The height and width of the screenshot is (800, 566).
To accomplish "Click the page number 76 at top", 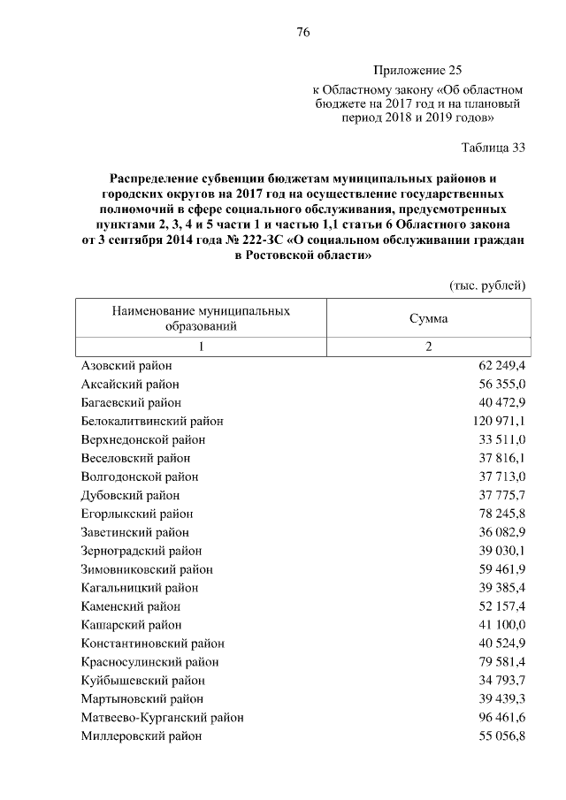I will [302, 32].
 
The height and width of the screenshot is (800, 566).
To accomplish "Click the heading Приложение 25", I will [417, 70].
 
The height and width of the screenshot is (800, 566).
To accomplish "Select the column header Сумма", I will [428, 318].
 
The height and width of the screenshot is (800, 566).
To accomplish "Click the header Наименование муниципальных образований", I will [200, 318].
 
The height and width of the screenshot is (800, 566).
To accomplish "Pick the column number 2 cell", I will [428, 347].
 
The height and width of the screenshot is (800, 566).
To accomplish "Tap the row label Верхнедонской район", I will [142, 439].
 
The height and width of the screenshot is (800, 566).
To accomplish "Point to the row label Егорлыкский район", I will [137, 514].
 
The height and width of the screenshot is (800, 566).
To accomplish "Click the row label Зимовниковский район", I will [147, 569].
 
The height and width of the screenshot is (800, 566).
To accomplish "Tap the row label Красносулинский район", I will [149, 662].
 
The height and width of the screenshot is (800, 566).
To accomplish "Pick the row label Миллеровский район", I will [141, 735].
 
